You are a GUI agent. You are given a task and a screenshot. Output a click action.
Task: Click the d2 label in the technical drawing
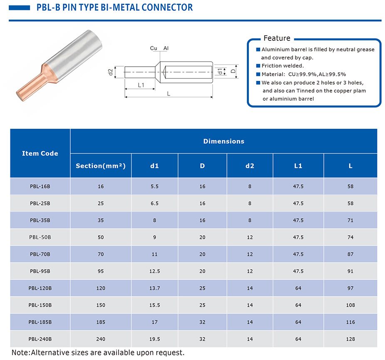point(111,72)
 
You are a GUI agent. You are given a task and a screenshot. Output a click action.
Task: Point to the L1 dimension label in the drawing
point(141,85)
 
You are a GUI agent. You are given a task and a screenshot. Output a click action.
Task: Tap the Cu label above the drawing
point(154,48)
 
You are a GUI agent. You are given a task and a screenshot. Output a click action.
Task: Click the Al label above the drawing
point(166,48)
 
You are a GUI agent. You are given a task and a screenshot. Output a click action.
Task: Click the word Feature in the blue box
point(277,38)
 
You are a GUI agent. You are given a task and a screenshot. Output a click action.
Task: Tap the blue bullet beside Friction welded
point(258,65)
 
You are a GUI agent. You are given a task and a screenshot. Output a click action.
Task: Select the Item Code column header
point(40,153)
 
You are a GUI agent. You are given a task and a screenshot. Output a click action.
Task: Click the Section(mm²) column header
point(101,166)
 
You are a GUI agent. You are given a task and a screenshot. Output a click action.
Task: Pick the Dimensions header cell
point(224,141)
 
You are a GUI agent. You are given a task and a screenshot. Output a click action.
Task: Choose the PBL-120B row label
point(40,288)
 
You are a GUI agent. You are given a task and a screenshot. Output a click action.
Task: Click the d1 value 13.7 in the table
point(154,288)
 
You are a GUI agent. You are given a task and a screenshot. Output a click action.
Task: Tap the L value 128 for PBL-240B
point(350,339)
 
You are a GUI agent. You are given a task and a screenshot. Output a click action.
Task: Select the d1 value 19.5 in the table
point(154,339)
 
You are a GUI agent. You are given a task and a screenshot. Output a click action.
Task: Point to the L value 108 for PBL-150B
point(350,305)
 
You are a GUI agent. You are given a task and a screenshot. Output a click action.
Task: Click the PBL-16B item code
point(40,186)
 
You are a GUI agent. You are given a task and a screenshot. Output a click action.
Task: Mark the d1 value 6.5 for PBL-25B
point(154,203)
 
